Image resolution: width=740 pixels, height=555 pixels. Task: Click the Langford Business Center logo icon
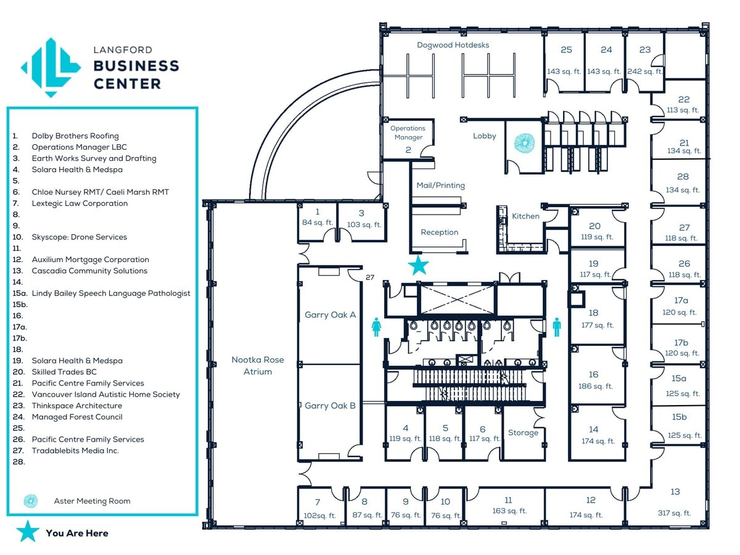pyautogui.click(x=51, y=67)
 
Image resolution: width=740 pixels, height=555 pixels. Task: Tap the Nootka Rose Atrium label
pyautogui.click(x=258, y=366)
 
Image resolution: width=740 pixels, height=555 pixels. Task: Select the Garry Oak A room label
pyautogui.click(x=330, y=315)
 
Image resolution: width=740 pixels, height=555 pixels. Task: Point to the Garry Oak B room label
pyautogui.click(x=330, y=406)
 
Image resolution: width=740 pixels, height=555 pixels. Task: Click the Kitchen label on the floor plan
pyautogui.click(x=525, y=216)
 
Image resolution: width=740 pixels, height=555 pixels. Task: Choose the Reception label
pyautogui.click(x=439, y=232)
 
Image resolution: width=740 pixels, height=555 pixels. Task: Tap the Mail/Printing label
pyautogui.click(x=440, y=186)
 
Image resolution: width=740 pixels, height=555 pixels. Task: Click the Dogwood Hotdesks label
pyautogui.click(x=453, y=45)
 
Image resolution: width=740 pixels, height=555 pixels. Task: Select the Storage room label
pyautogui.click(x=523, y=433)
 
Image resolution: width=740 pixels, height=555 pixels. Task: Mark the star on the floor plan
pyautogui.click(x=419, y=266)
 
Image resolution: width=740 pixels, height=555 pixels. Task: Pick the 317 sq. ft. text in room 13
pyautogui.click(x=675, y=512)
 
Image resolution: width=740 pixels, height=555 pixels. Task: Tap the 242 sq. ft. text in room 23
pyautogui.click(x=645, y=72)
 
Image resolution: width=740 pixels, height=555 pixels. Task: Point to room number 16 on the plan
pyautogui.click(x=593, y=374)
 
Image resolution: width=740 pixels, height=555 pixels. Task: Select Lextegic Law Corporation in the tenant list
pyautogui.click(x=80, y=203)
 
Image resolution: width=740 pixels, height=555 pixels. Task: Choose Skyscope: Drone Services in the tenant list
pyautogui.click(x=79, y=237)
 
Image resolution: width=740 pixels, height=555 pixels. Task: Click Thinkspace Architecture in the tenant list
pyautogui.click(x=76, y=406)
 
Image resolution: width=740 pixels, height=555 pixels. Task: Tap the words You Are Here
pyautogui.click(x=76, y=533)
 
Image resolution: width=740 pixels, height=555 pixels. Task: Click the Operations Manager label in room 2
pyautogui.click(x=408, y=133)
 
